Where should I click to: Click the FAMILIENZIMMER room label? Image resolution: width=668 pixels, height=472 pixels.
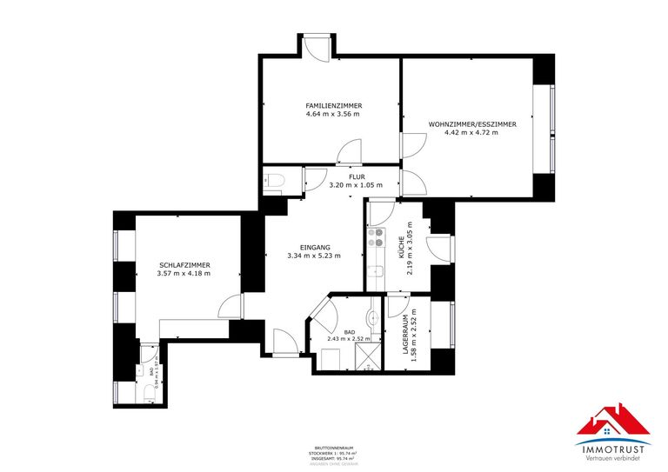(334, 105)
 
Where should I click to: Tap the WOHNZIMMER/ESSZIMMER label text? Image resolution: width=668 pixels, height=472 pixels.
(472, 124)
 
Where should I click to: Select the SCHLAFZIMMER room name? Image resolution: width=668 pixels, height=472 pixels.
(184, 265)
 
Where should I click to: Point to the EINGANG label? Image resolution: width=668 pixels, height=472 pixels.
(314, 247)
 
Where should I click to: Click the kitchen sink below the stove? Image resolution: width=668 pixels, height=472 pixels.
(377, 275)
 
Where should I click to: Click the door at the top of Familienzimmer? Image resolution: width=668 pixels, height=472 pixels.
(315, 48)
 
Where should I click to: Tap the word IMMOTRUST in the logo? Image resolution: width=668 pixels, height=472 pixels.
(613, 448)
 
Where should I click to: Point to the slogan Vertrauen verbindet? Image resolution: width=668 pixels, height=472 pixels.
(613, 457)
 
